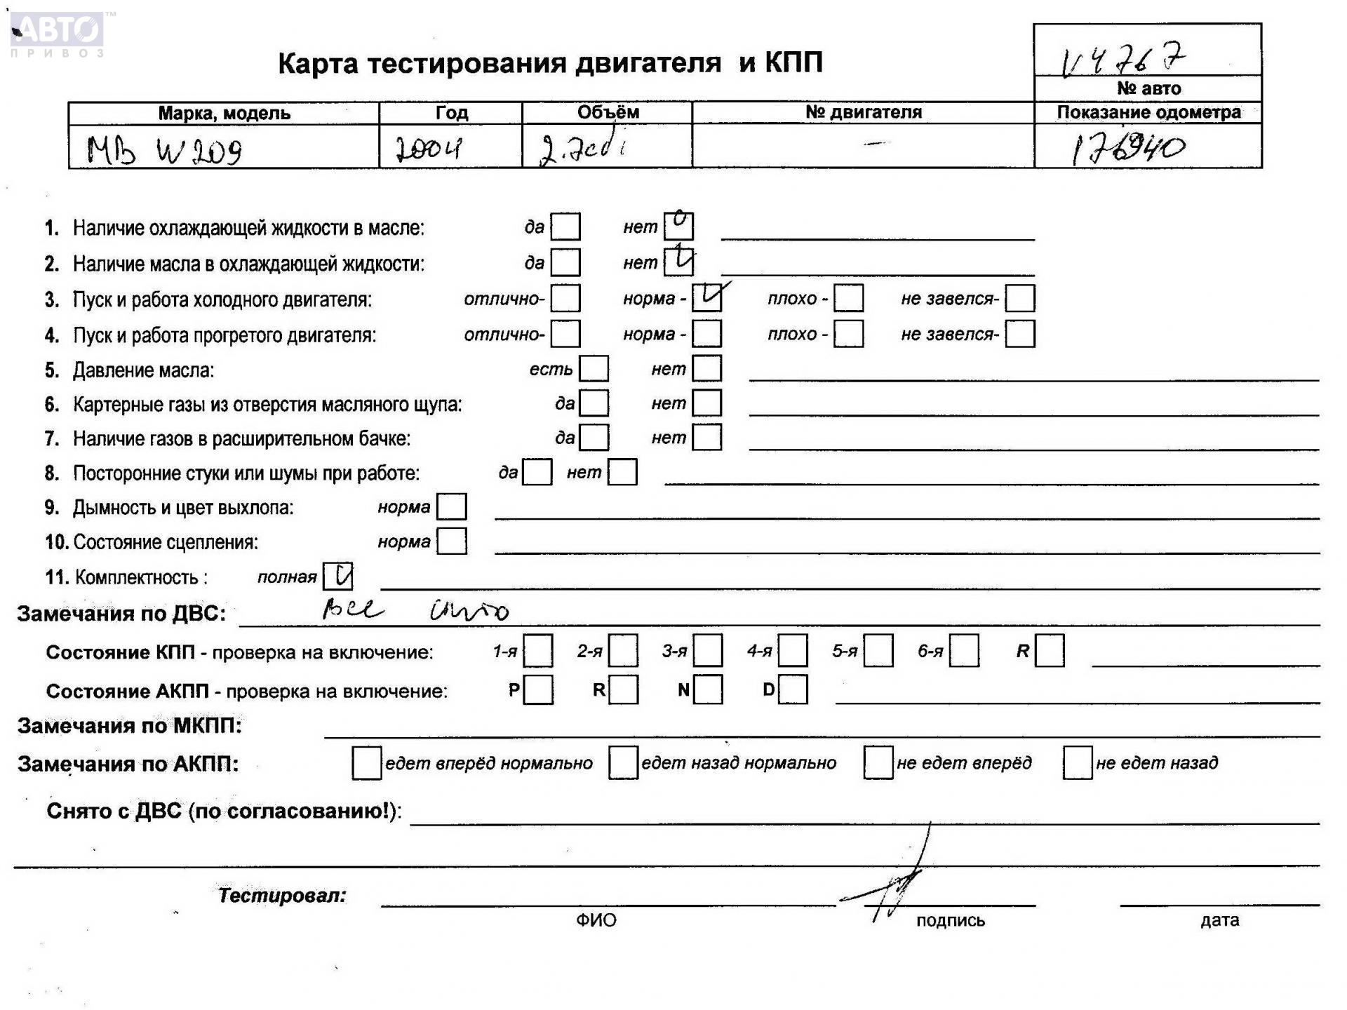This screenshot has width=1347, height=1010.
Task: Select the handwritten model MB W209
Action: coord(164,149)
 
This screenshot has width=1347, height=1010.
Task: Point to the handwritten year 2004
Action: coord(428,148)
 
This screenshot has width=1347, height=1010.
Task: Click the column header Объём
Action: coord(608,112)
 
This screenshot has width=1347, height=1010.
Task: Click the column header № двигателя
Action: coord(863,112)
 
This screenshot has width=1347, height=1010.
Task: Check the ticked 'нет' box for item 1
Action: coord(678,226)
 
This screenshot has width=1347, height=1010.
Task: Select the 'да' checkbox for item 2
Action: coord(565,262)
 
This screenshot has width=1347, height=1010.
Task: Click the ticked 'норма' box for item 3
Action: coord(706,298)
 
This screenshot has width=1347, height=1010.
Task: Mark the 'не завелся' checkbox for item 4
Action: coord(1019,334)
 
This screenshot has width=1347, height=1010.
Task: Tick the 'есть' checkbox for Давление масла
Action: coord(594,369)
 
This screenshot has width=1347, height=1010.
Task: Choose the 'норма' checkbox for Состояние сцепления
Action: coord(452,541)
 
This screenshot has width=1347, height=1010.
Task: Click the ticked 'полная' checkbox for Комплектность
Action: coord(338,577)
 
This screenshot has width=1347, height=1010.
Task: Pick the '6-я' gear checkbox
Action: coord(964,651)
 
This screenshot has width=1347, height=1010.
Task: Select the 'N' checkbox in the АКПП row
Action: coord(708,689)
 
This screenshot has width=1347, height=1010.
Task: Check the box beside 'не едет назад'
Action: coord(1078,762)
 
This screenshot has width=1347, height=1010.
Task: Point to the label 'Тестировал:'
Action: coord(282,896)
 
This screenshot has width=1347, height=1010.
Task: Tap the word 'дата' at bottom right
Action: coord(1219,920)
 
